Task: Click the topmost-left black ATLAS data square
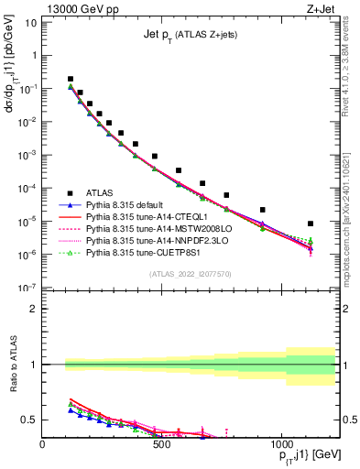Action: tap(71, 80)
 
